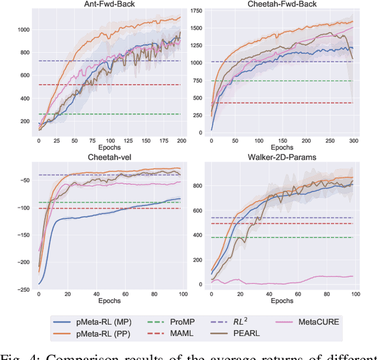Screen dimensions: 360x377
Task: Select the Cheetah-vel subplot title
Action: tap(109, 157)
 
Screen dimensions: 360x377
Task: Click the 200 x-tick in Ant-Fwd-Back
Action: tap(181, 140)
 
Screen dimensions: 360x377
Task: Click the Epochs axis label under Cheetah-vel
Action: tap(109, 300)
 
